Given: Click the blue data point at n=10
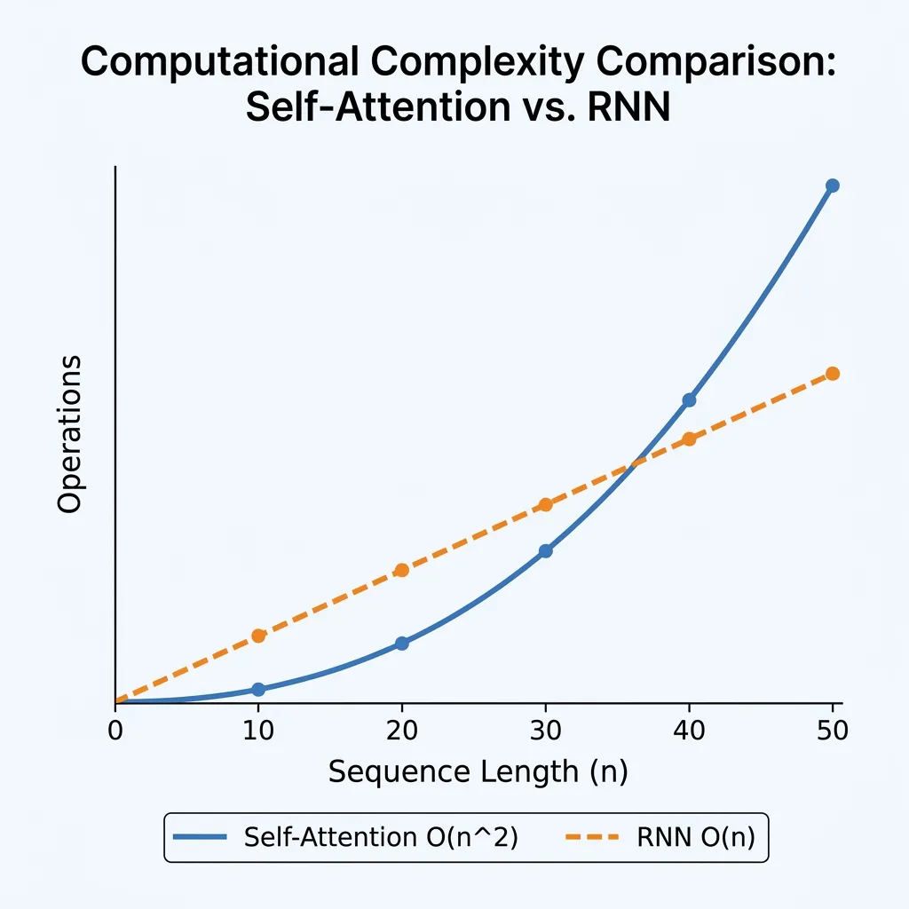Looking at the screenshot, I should coord(258,690).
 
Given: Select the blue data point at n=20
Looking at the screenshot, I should coord(401,643).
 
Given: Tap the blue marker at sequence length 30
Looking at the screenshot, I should coord(546,551).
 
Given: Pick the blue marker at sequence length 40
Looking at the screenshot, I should coord(689,400).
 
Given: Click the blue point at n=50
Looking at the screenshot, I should coord(833,186).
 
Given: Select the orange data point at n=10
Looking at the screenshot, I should coord(258,636).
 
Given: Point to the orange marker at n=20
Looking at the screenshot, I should coord(401,570).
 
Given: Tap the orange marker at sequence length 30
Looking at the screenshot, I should coord(546,505).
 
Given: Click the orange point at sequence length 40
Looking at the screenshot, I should coord(689,439).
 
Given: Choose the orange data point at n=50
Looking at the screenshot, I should coord(833,374).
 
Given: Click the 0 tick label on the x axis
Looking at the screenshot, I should coord(115,731).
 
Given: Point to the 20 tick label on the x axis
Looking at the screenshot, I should coord(401,731).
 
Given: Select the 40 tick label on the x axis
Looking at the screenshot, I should coord(689,731).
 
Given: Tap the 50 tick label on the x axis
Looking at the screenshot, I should coord(833,731).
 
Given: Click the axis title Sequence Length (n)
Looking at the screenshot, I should coord(478,772).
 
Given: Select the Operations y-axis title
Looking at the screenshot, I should coord(69,435).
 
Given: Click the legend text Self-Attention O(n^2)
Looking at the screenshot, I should coord(380,837).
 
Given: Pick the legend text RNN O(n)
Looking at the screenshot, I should coord(696,837).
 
